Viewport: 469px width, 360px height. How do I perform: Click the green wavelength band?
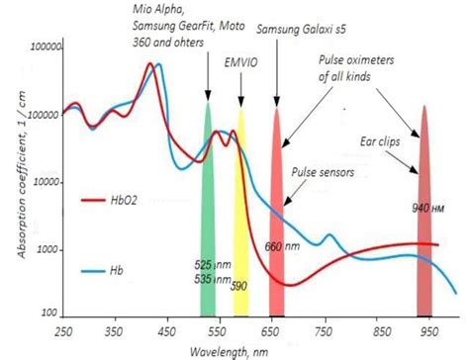[209, 198]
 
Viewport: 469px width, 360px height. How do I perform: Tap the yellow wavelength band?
[239, 198]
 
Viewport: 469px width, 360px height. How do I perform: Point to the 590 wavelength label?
[239, 287]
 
